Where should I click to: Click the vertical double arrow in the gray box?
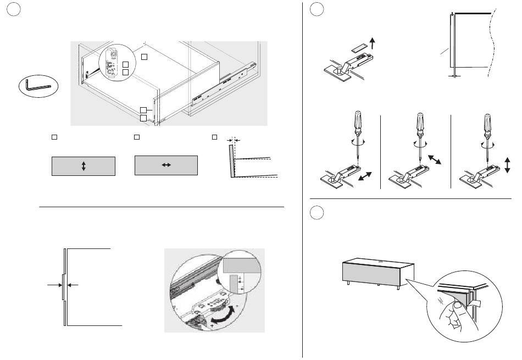point(84,165)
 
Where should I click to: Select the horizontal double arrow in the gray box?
point(166,165)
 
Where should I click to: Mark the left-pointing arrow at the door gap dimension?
point(75,285)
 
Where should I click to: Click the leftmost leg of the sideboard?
point(349,285)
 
